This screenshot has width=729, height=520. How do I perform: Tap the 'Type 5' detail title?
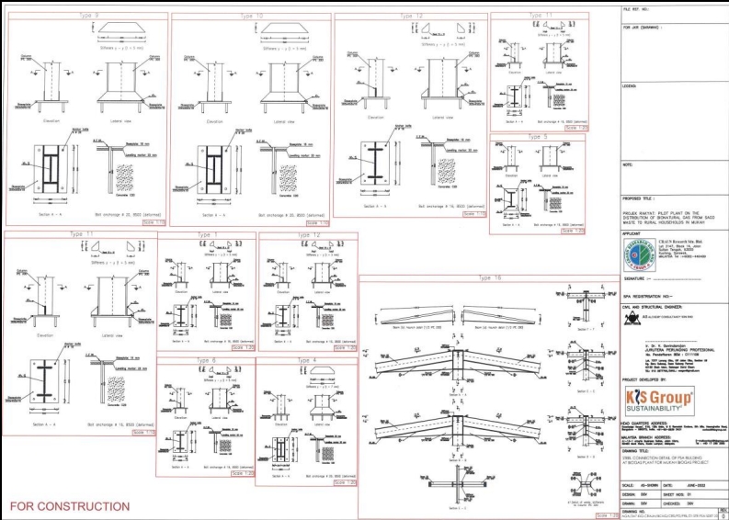[539, 137]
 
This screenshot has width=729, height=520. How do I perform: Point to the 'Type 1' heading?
[208, 235]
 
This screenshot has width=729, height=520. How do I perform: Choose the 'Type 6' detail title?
[206, 361]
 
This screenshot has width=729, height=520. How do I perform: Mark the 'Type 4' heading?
[307, 361]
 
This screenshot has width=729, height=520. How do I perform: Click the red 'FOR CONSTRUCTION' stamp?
[70, 506]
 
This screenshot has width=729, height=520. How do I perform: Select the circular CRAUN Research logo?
[636, 249]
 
